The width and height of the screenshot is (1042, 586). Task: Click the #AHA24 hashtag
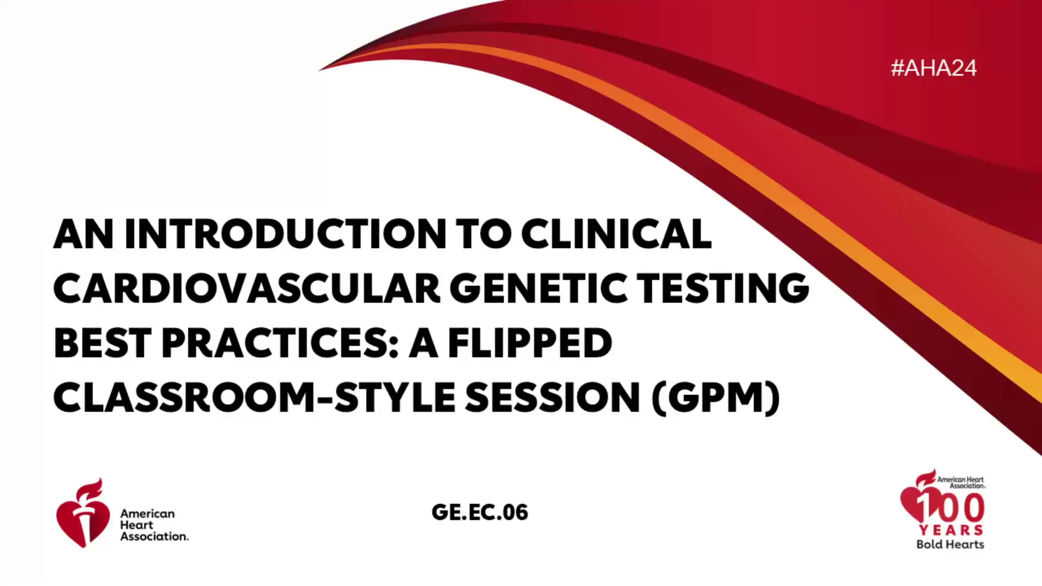[933, 68]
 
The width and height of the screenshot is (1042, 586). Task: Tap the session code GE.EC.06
[480, 512]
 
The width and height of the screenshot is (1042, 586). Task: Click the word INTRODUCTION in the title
[285, 234]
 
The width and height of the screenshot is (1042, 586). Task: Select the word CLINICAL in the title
[616, 234]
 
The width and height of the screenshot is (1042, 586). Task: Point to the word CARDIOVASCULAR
[247, 288]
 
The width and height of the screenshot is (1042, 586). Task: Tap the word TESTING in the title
[723, 288]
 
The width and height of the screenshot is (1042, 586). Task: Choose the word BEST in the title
[103, 343]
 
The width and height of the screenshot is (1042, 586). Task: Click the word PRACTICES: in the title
[281, 343]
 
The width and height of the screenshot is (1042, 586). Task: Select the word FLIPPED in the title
[530, 343]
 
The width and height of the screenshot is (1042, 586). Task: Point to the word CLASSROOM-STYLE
[255, 397]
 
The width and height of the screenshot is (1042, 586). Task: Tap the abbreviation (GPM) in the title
[716, 398]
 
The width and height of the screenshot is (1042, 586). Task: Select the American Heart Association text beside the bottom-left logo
[155, 525]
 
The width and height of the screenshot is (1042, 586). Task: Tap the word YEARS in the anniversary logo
[951, 530]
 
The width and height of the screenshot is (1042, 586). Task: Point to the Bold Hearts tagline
[950, 544]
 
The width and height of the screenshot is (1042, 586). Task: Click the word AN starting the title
[84, 234]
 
